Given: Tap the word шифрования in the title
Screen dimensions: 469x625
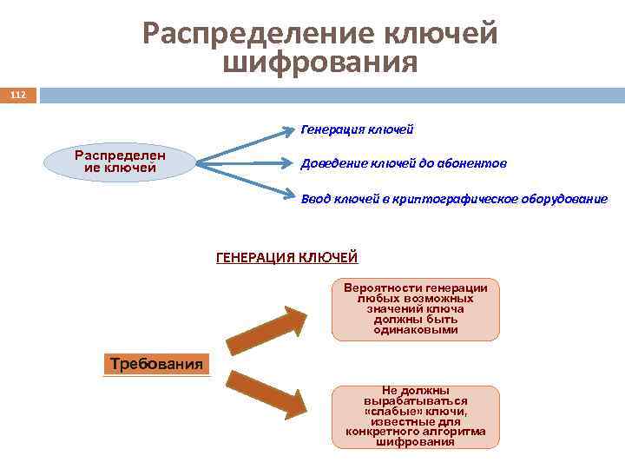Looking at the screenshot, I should coord(320,63).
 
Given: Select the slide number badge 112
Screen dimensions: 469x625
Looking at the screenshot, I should coord(18,94).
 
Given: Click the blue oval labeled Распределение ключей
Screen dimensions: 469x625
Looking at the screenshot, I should coord(121,162).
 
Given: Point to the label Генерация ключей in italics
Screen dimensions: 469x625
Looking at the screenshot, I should coord(357,129).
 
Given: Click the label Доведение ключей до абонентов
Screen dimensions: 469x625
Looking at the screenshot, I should coord(404,163).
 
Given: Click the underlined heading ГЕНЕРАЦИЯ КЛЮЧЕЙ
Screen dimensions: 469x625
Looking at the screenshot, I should coord(286,257).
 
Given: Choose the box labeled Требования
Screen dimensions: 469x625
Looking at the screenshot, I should coord(157,364).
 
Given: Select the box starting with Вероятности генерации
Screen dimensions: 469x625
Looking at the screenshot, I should coord(416,309).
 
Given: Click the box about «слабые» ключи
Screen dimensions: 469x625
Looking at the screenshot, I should coord(416,417).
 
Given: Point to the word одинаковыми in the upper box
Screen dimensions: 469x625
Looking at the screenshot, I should coord(416,330).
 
